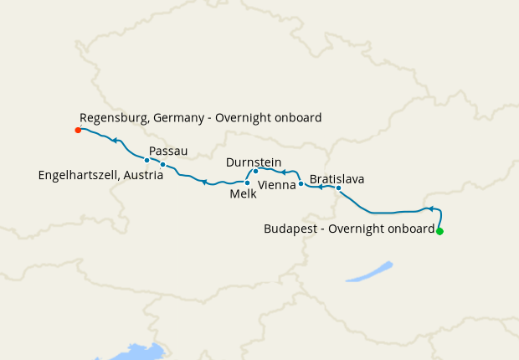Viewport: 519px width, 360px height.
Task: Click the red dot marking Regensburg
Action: click(x=78, y=130)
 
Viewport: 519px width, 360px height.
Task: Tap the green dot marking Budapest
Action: click(x=439, y=231)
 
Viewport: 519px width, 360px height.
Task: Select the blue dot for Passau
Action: click(x=162, y=164)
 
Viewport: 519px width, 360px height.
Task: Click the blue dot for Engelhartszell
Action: click(x=146, y=160)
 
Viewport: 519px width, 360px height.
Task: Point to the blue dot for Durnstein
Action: click(x=255, y=171)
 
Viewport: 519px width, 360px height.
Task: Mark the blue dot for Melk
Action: click(x=247, y=183)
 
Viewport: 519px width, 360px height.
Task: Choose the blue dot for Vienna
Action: click(x=301, y=183)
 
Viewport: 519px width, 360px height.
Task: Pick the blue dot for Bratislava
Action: click(x=338, y=188)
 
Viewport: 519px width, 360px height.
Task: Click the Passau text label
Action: click(x=168, y=151)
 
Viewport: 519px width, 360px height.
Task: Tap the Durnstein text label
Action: click(x=254, y=162)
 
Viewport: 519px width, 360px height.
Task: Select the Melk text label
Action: click(x=243, y=193)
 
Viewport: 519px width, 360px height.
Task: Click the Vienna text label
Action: click(x=277, y=184)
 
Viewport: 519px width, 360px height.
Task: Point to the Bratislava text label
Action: click(x=337, y=178)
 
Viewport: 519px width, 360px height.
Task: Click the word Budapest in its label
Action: click(x=290, y=228)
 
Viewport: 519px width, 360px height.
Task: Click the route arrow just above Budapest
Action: click(x=428, y=208)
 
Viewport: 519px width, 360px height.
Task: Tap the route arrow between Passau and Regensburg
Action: click(x=115, y=141)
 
